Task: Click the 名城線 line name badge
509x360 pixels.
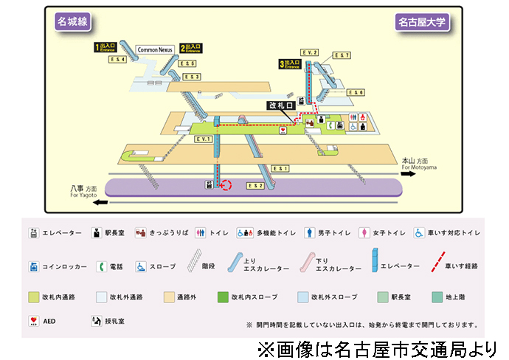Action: coord(72,21)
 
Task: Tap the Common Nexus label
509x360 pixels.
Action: coord(154,50)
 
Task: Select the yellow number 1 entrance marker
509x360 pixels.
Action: coord(97,47)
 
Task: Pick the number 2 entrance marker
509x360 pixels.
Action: coord(182,48)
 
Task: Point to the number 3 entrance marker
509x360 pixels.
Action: coord(281,64)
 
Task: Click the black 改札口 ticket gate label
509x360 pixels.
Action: coord(281,105)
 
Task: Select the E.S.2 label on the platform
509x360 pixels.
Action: coord(255,185)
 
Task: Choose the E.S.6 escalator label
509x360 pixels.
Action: coord(356,92)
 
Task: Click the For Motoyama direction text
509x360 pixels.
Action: coord(420,167)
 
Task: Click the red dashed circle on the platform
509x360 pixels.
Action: coord(226,185)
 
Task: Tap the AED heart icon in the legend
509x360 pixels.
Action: coord(34,322)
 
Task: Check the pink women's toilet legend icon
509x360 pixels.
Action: coord(363,232)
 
